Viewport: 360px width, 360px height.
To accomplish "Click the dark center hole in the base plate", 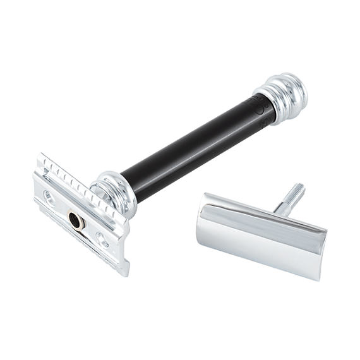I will pos(75,220).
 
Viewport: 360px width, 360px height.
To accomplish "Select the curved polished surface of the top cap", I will pos(253,231).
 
